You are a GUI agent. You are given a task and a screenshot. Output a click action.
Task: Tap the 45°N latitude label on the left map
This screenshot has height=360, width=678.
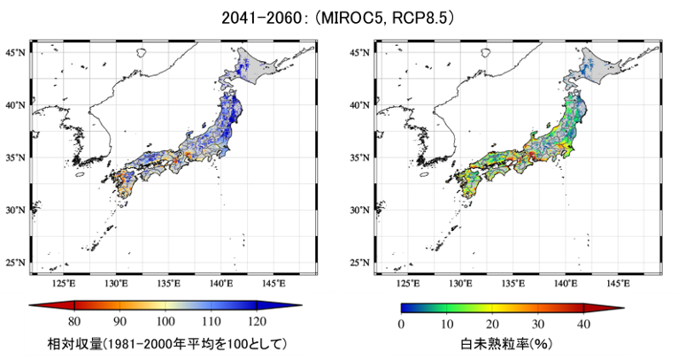coord(15,53)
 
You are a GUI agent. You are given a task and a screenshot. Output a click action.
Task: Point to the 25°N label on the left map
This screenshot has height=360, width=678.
coord(15,263)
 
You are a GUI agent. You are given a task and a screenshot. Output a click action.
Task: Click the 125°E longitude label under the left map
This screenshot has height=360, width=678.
coord(64,284)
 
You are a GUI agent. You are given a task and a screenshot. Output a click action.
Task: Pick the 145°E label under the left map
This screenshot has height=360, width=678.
coord(274,284)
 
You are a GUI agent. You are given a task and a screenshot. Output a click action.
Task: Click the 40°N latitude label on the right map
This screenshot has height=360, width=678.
coord(359,105)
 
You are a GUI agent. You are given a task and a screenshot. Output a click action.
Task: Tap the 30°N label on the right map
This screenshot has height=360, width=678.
coord(359,211)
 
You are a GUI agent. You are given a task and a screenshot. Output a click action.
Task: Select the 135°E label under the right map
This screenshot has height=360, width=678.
coord(513,284)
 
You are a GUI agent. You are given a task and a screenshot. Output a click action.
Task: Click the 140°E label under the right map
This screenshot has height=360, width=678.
coord(566,284)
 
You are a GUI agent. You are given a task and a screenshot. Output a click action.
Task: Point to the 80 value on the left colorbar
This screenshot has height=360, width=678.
coord(74,322)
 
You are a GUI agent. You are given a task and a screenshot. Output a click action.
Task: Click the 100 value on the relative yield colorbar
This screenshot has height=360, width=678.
coord(166,322)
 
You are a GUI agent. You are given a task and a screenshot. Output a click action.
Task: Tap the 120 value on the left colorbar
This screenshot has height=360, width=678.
coord(257,322)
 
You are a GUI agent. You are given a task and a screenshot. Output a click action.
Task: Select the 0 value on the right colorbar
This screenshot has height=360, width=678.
coord(401,324)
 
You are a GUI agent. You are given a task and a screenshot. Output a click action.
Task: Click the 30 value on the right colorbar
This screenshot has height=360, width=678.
coord(538,324)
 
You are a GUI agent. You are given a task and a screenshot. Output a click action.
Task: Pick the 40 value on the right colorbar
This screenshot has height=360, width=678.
coord(584,324)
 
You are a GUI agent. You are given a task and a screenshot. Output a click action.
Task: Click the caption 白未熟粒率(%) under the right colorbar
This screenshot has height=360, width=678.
coord(506,344)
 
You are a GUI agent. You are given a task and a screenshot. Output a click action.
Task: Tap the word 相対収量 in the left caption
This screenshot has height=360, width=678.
coord(74,344)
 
